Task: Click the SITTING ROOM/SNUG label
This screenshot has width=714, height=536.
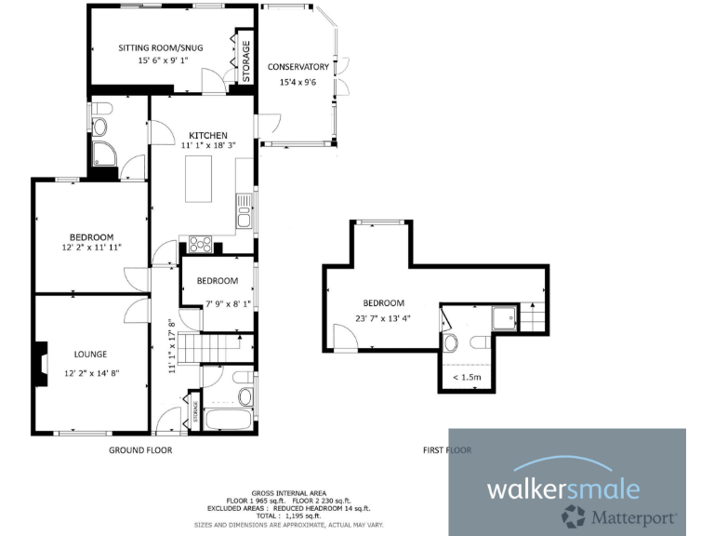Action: (x=160, y=47)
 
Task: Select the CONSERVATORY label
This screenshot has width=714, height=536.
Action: (x=297, y=67)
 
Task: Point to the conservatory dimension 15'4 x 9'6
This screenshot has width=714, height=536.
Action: (x=297, y=82)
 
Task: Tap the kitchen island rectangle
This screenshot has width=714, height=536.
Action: (x=202, y=179)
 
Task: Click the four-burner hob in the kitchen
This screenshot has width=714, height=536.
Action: (x=200, y=245)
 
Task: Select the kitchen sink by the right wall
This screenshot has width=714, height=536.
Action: (x=244, y=218)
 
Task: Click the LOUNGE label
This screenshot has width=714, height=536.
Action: (x=90, y=354)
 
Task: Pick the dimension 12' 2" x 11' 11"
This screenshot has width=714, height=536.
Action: (x=92, y=248)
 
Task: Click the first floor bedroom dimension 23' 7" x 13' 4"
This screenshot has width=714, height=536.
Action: (x=383, y=317)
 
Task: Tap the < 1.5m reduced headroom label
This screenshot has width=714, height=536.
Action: (x=466, y=377)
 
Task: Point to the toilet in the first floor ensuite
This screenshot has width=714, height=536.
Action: (x=450, y=343)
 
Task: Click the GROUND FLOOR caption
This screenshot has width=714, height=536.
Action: (x=141, y=450)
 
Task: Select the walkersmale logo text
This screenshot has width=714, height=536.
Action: (x=564, y=488)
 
